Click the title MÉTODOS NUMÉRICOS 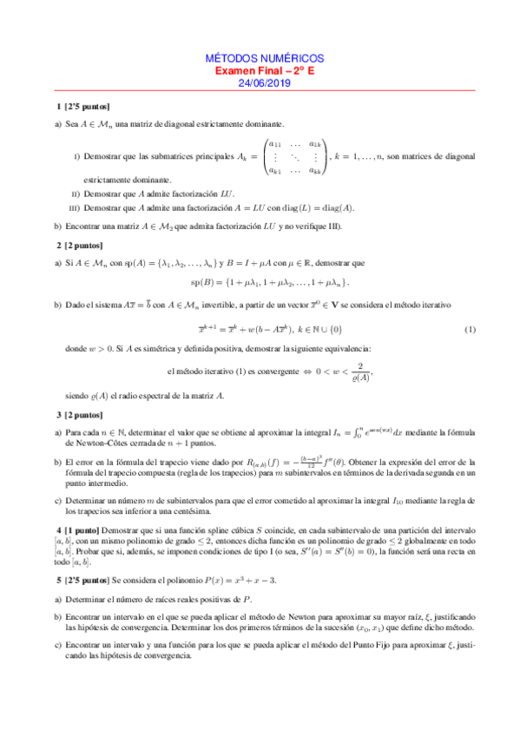point(260,55)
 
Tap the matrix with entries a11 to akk point(294,157)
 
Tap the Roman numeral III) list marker point(75,207)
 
